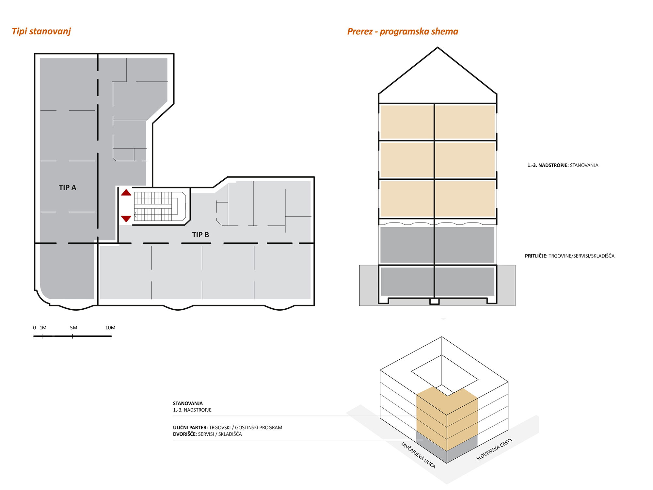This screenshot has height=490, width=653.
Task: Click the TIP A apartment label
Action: [x=68, y=188]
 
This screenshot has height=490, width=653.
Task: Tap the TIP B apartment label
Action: [x=200, y=235]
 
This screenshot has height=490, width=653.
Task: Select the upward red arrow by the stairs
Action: [x=126, y=192]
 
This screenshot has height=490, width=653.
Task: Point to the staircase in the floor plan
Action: [x=160, y=206]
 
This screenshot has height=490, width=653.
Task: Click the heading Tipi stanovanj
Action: [x=41, y=31]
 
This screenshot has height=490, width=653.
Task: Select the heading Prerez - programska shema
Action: [x=403, y=32]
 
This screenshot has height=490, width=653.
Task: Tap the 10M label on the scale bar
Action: [x=110, y=328]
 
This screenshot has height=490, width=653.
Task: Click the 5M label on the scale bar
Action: [x=73, y=328]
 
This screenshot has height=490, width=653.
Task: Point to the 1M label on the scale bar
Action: [x=43, y=328]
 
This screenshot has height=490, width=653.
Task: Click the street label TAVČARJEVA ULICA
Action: [x=418, y=455]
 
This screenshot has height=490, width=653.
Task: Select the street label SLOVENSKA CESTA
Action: [x=494, y=449]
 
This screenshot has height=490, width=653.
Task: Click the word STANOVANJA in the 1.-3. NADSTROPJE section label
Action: [x=584, y=165]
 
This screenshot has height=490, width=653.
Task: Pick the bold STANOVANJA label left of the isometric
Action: [x=188, y=403]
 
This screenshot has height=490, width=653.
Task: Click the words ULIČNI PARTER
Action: [x=190, y=428]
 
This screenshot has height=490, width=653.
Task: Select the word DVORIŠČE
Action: [x=184, y=434]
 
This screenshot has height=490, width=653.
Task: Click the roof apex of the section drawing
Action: [x=438, y=48]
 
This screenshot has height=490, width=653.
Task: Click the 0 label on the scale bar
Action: [x=35, y=328]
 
